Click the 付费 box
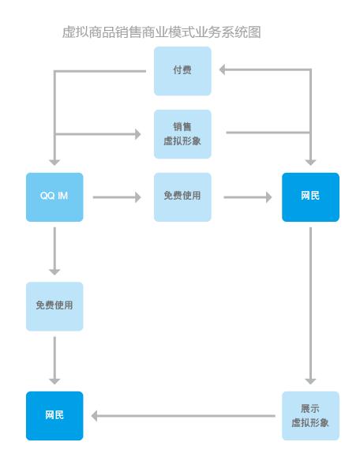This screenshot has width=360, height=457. pyautogui.click(x=182, y=71)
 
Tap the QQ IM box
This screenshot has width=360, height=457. pyautogui.click(x=54, y=197)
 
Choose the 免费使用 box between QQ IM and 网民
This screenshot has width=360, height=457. pyautogui.click(x=182, y=197)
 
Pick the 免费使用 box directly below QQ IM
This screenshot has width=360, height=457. pyautogui.click(x=54, y=305)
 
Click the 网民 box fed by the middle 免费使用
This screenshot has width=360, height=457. pyautogui.click(x=310, y=197)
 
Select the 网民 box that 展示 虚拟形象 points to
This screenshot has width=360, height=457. pyautogui.click(x=54, y=415)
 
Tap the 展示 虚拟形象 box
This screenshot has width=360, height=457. pyautogui.click(x=310, y=415)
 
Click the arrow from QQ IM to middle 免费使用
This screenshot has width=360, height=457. pyautogui.click(x=117, y=197)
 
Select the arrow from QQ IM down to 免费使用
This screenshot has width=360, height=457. pyautogui.click(x=54, y=251)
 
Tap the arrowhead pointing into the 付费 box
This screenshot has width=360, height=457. pyautogui.click(x=223, y=71)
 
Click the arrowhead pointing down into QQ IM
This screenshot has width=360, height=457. pyautogui.click(x=54, y=160)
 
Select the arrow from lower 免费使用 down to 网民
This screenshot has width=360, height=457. pyautogui.click(x=54, y=360)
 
